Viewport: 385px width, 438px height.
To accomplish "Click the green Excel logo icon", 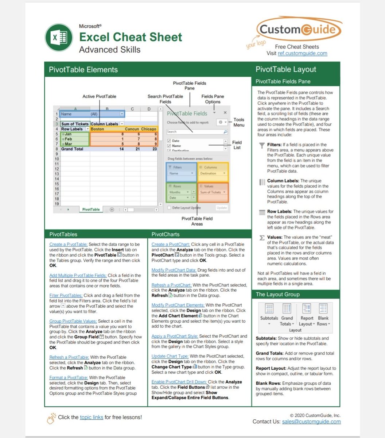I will click(x=58, y=38).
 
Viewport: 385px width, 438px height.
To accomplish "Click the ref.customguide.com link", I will click(x=302, y=53).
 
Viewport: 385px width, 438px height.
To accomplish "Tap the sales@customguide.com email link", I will click(x=311, y=422).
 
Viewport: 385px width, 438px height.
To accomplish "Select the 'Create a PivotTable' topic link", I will click(x=69, y=245).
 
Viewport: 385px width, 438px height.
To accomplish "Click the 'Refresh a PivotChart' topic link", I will click(x=171, y=285).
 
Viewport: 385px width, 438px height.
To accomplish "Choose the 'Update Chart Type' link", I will click(x=170, y=356).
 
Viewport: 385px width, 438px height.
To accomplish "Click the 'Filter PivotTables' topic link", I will click(x=66, y=296).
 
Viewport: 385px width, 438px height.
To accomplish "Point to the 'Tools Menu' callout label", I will click(x=239, y=122).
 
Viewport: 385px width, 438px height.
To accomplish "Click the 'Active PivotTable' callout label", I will click(x=99, y=96).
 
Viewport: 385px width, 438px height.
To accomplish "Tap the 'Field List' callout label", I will click(x=237, y=145).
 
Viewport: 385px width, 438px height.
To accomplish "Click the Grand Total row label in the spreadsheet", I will click(x=72, y=149).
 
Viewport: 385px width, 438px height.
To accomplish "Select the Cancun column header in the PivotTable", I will click(x=132, y=129).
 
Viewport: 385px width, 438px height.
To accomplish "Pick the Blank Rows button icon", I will click(x=323, y=309).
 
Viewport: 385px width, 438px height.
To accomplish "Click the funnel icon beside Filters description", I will click(x=262, y=146).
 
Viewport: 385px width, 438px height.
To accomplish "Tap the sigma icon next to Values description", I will click(x=262, y=238).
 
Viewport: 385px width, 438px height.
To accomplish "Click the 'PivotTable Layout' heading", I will click(x=286, y=69).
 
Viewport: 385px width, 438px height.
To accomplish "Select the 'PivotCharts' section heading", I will click(x=166, y=234).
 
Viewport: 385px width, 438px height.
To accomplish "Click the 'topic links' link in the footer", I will click(x=92, y=417).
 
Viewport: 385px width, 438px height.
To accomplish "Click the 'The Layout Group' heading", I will click(x=277, y=294).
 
